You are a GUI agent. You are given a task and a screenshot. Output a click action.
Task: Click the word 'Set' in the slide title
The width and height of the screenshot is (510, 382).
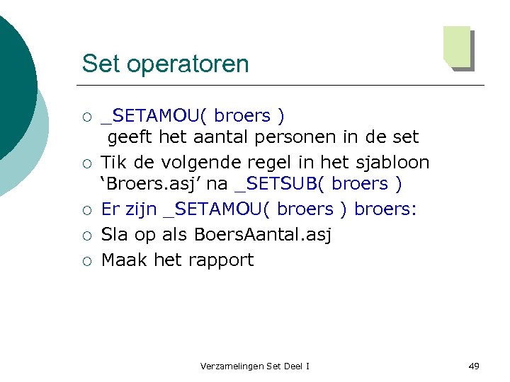coord(97,64)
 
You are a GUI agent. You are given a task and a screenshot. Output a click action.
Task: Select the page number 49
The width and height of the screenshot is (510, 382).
coord(474,366)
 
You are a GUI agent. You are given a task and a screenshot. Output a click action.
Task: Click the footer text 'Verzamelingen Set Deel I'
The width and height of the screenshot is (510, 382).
coord(255,366)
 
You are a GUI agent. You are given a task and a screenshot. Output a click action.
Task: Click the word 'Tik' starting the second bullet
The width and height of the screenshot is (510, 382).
coord(113,162)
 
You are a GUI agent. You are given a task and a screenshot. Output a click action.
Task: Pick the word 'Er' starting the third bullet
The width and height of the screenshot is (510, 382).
coord(110,209)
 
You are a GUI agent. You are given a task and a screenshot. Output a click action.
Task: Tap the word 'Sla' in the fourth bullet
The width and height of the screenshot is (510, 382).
coord(115,234)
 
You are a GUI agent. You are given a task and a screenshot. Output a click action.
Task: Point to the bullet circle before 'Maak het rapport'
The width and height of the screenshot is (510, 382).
coord(86,260)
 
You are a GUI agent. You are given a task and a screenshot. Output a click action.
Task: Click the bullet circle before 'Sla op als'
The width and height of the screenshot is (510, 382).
coord(86,235)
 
